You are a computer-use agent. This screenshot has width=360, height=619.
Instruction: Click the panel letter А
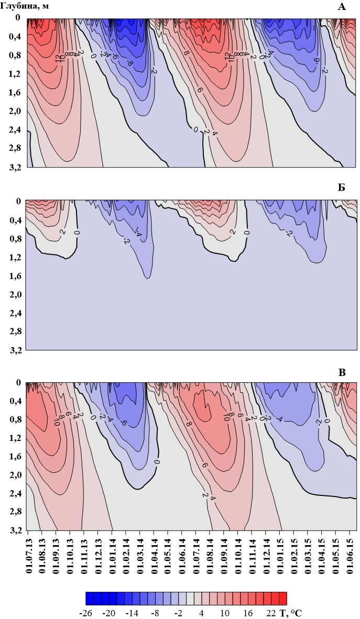(342, 6)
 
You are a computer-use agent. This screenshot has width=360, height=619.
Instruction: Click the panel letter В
(342, 373)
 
